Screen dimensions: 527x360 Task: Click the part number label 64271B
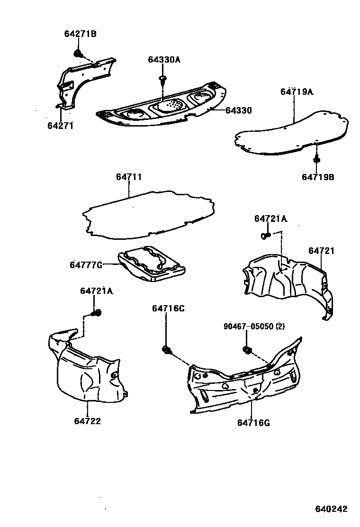pos(80,34)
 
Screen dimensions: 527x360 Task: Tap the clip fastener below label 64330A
pos(162,79)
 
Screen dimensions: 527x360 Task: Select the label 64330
pos(238,110)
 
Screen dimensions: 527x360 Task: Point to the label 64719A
pos(297,92)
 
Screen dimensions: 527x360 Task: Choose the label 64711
pos(129,177)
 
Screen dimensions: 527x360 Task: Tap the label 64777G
pos(86,264)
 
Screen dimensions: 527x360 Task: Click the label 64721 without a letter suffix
pos(321,251)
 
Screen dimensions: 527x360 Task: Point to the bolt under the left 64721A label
pos(97,312)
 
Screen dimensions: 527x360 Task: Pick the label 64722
pos(87,420)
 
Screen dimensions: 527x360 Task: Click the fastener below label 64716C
pos(166,350)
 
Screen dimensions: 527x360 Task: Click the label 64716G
pos(253,423)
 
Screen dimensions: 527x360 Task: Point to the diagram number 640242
pos(332,509)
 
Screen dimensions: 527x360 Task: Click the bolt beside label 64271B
pos(77,53)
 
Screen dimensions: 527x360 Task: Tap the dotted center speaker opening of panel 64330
pos(170,106)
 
